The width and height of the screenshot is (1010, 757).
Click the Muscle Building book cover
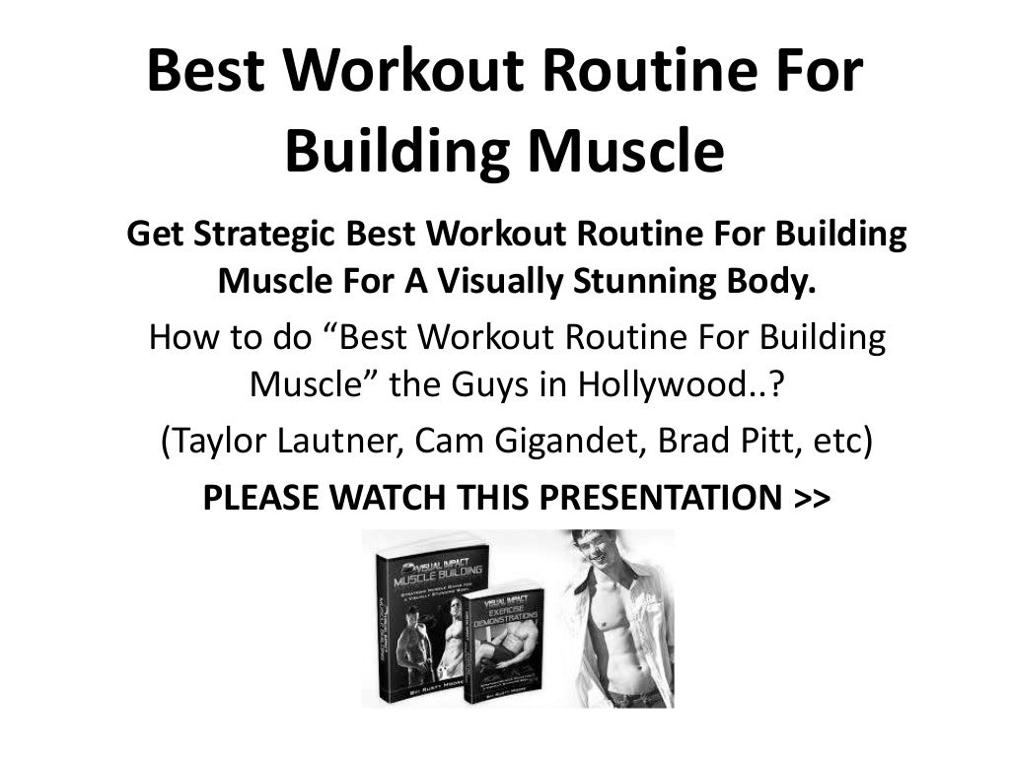418,621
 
